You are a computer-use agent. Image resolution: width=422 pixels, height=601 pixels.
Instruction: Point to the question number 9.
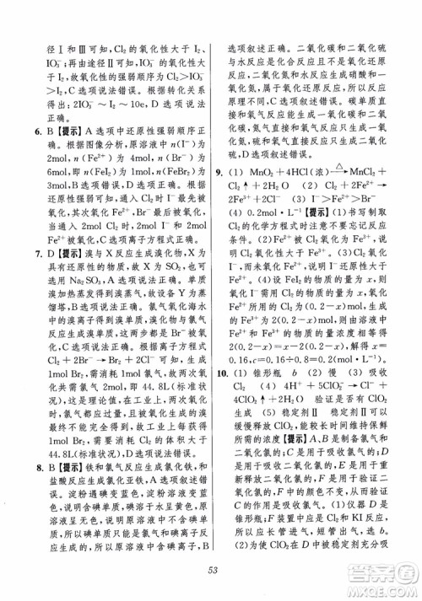pyautogui.click(x=220, y=173)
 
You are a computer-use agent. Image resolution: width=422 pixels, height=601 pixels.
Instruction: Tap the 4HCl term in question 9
pyautogui.click(x=288, y=173)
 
